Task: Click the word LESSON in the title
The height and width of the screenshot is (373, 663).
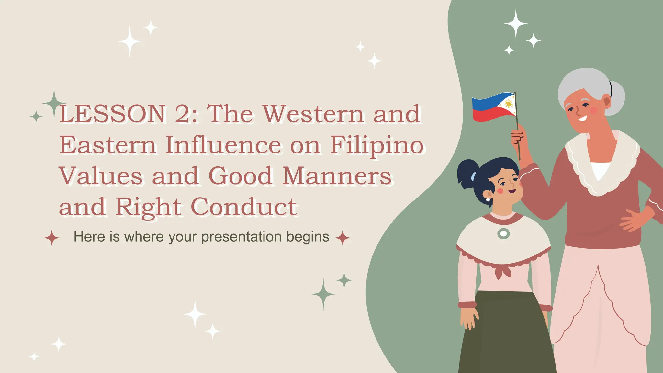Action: coord(112,114)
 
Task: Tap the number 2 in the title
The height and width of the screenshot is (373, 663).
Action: coord(184,114)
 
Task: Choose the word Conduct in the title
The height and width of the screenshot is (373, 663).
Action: coord(243,207)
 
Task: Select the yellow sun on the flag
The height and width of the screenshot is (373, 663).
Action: coord(509,104)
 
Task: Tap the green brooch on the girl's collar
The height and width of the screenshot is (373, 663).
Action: coord(503,233)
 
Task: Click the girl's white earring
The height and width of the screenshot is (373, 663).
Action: coord(488,200)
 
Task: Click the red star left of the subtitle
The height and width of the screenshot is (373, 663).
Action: coord(52,238)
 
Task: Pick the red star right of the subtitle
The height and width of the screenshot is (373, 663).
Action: coord(343,238)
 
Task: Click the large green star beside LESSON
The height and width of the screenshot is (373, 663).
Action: coord(54,103)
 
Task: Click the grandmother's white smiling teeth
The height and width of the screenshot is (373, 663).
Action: coord(582,119)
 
